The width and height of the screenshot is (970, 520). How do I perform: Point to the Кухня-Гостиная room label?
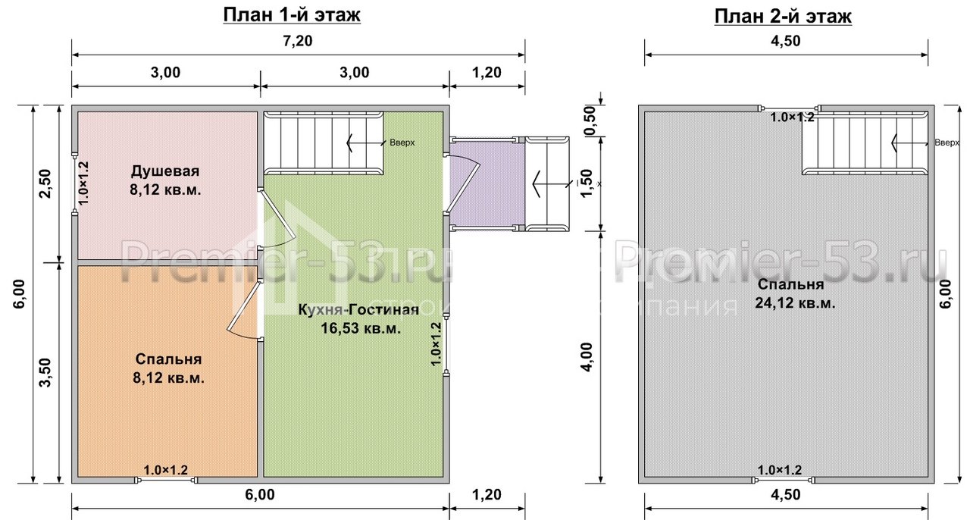pyautogui.click(x=358, y=311)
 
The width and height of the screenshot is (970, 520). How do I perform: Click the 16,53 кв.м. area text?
pyautogui.click(x=359, y=329)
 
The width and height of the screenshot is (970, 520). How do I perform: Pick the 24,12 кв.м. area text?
pyautogui.click(x=794, y=303)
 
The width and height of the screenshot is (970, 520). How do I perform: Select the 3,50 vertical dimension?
pyautogui.click(x=46, y=371)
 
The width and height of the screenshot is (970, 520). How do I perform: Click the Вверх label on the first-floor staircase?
pyautogui.click(x=402, y=143)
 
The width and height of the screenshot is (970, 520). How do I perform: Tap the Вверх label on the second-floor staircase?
pyautogui.click(x=947, y=143)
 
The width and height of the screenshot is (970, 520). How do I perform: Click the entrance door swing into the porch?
pyautogui.click(x=464, y=182)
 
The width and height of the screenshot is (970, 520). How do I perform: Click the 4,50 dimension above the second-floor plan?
pyautogui.click(x=786, y=42)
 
